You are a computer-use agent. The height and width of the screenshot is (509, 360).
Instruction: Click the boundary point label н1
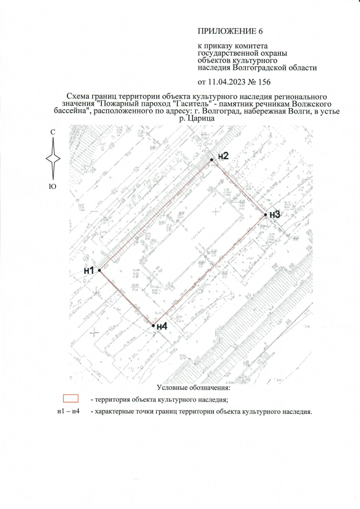click(89, 271)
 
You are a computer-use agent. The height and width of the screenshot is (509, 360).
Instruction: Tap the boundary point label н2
click(223, 156)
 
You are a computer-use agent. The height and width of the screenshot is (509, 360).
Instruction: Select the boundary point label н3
click(274, 214)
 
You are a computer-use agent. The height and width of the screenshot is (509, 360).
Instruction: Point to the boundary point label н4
click(162, 326)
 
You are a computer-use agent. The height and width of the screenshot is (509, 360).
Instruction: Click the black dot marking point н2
click(212, 160)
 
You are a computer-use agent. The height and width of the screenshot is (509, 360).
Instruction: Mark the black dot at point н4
click(153, 325)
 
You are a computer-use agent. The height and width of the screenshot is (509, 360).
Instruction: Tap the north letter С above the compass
click(52, 132)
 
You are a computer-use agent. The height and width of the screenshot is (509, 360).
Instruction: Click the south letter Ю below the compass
click(52, 186)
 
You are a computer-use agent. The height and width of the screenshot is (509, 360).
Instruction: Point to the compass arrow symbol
click(52, 159)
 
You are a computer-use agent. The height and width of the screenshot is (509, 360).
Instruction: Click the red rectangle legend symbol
click(70, 399)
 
